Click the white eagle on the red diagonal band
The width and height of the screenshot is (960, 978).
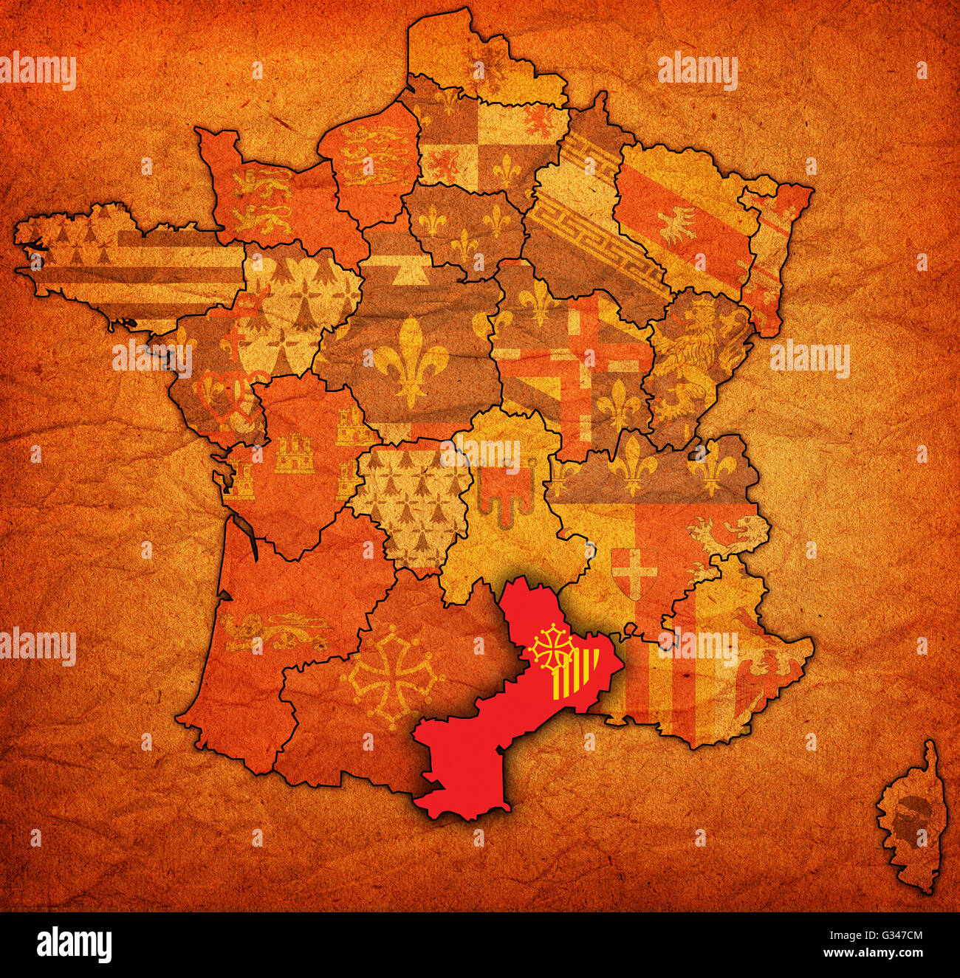[x=678, y=224]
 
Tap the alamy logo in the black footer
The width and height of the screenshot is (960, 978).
[x=74, y=944]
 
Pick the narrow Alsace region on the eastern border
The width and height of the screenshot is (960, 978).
[x=774, y=251]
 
